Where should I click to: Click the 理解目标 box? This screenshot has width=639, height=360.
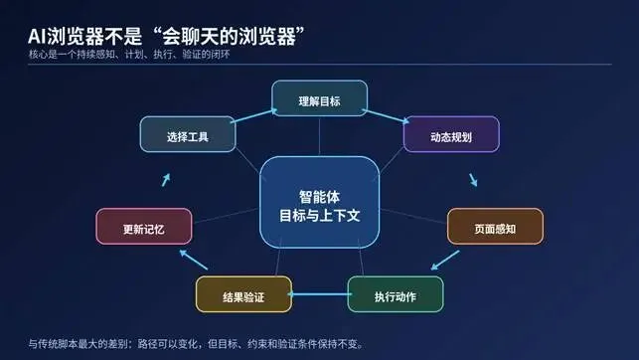coord(320,98)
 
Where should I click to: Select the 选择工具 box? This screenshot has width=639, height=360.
coord(188,134)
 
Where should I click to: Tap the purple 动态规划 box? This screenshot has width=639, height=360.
coord(451,134)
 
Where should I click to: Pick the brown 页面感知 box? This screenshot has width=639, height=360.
coord(495,227)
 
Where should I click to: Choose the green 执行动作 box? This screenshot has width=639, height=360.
coord(396,294)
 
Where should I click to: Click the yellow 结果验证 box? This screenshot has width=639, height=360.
coord(243,294)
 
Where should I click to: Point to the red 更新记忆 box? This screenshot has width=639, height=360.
coord(144,227)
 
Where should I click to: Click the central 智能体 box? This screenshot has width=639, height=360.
coord(320,202)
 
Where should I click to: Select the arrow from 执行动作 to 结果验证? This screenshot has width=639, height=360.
coord(320,294)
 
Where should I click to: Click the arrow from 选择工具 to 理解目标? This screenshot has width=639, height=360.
coord(253,115)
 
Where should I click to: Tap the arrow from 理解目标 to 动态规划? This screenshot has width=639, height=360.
coord(386,116)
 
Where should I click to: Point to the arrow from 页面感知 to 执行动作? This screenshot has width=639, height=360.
coord(445,261)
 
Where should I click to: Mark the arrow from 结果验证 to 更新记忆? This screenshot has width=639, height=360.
coord(194,260)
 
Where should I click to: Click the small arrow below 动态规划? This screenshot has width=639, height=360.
coord(473,180)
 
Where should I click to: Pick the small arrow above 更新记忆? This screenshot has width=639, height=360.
coord(166,180)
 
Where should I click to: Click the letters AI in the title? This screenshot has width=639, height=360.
coord(38,36)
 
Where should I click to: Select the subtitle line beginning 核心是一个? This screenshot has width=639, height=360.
coord(129,55)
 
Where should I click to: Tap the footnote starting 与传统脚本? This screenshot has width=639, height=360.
coord(196,344)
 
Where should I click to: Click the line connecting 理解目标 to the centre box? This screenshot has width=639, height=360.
coord(320,136)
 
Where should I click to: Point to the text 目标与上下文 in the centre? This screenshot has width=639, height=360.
coord(320,215)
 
